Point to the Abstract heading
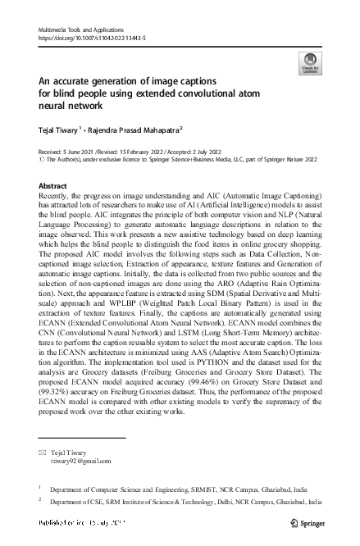[53, 186]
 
